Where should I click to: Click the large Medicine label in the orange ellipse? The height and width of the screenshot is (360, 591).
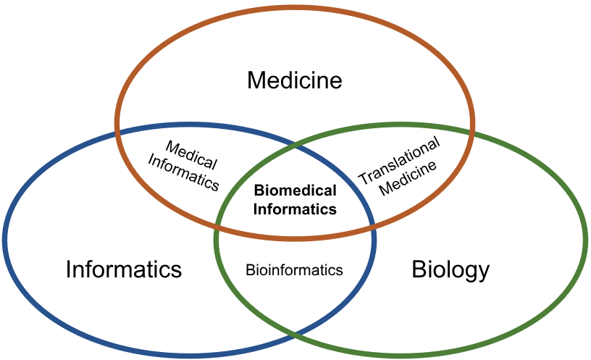tap(294, 80)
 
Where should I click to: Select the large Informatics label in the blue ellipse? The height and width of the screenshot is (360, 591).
tap(123, 270)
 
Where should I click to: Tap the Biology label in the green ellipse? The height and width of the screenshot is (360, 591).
tap(450, 270)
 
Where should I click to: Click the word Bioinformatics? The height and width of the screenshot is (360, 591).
tap(294, 270)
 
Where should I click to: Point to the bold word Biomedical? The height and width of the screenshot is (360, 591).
tap(295, 191)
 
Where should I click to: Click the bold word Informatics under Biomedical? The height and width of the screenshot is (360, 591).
tap(295, 209)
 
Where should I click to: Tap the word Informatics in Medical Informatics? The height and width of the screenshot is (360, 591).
tap(183, 172)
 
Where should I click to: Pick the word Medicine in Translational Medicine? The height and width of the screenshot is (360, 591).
tap(410, 178)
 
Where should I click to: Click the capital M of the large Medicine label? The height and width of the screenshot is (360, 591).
tap(255, 80)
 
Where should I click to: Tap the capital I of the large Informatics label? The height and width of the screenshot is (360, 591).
tap(69, 270)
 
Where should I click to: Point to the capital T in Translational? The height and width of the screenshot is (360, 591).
tap(364, 178)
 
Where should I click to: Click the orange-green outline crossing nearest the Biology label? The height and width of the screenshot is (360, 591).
tap(471, 133)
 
